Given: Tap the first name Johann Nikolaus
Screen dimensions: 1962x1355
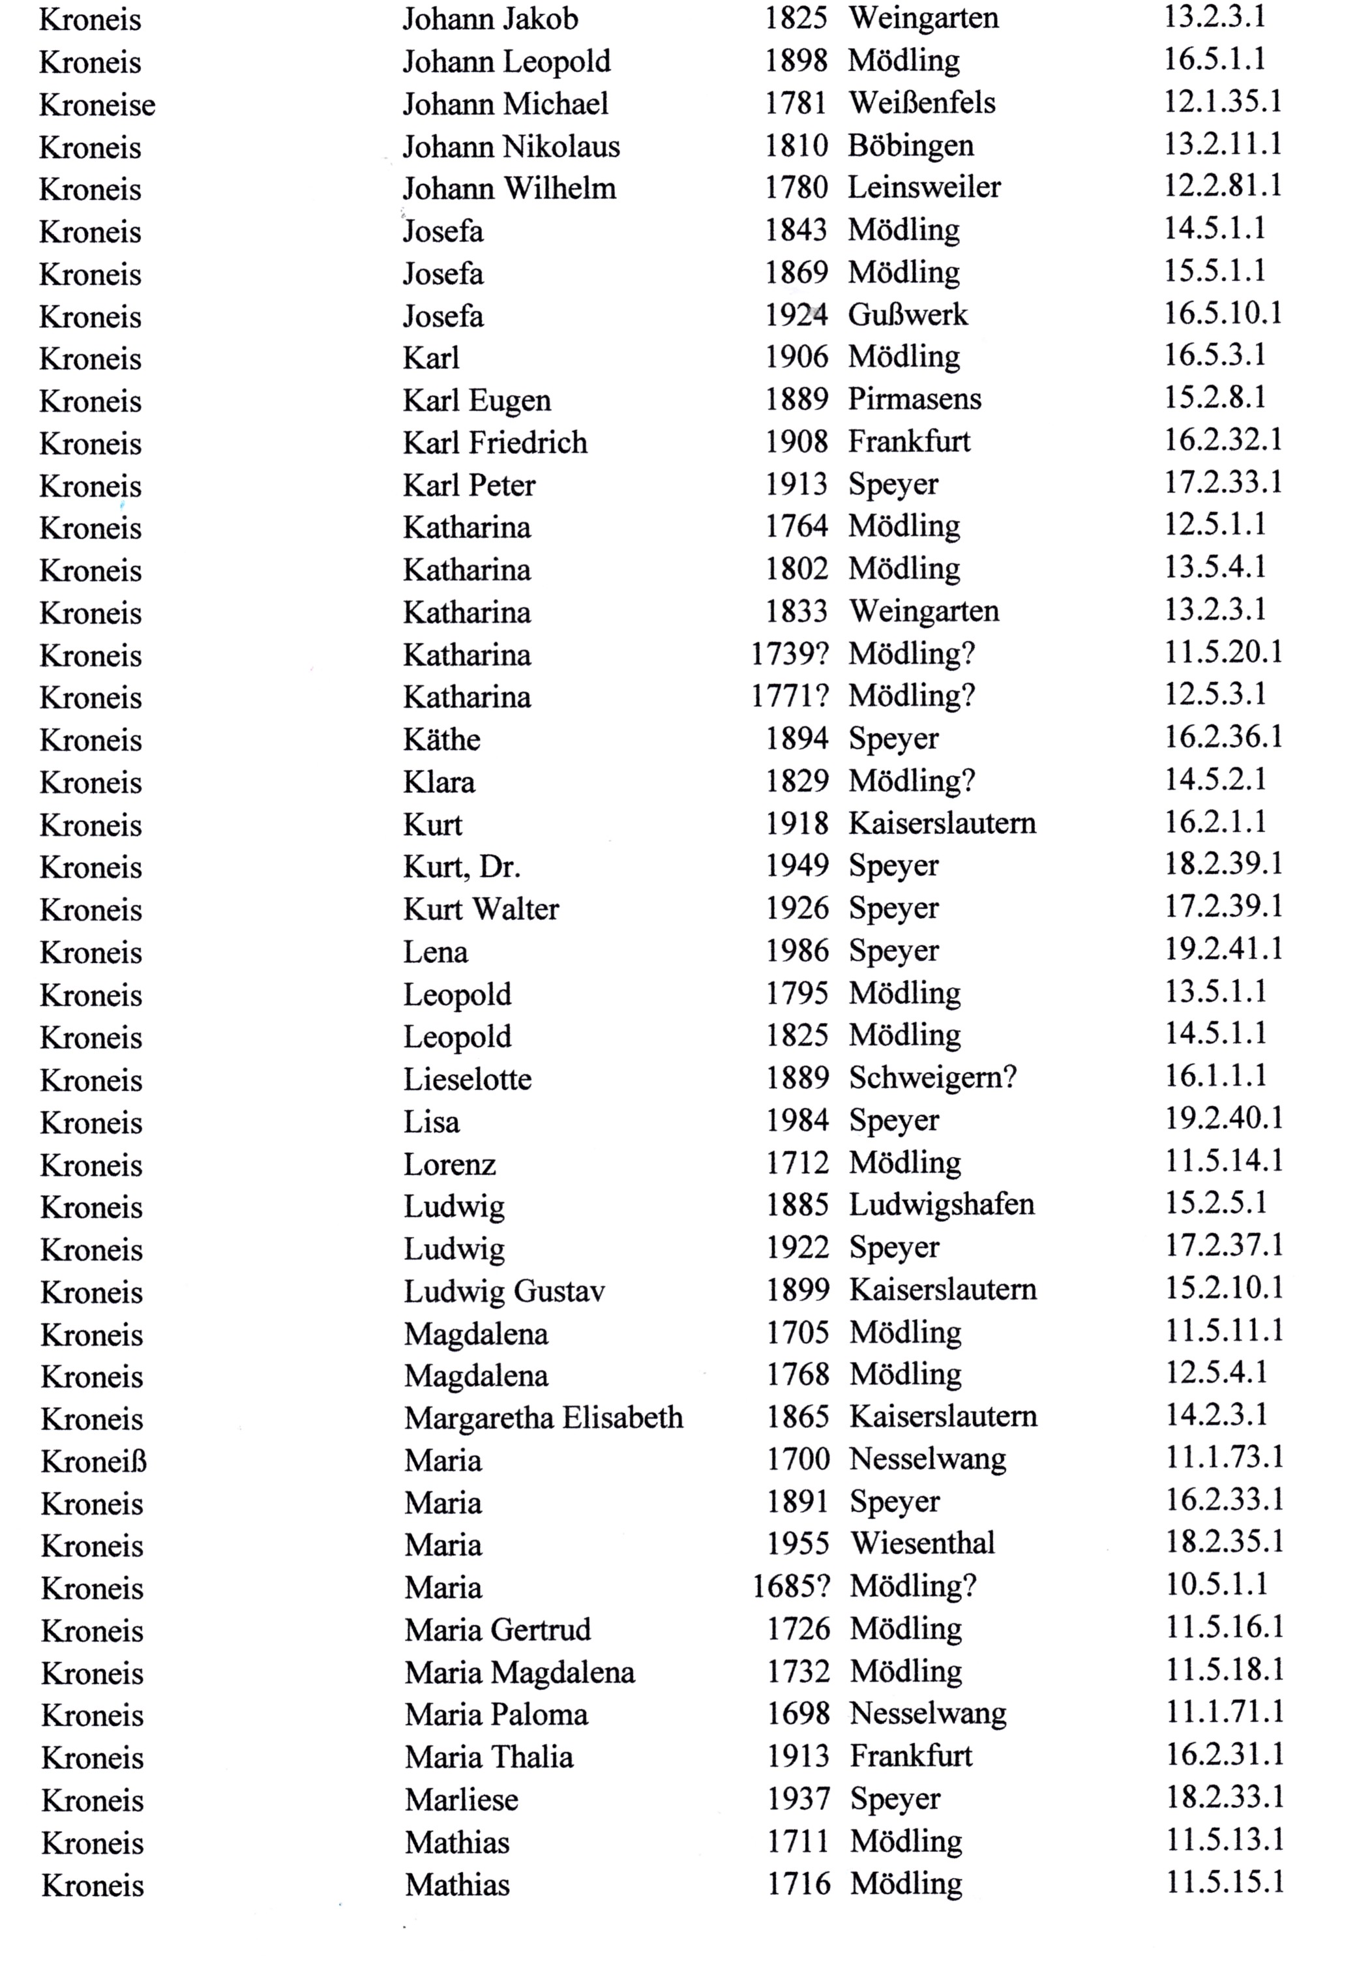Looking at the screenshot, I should pos(511,147).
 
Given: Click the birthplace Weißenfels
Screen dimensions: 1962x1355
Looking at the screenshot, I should pos(922,104).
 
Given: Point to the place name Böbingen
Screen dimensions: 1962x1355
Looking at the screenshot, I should pos(910,146).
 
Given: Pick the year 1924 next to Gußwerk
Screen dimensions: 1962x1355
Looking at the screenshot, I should pos(796,315).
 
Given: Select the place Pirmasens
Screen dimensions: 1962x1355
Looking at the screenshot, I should pos(914,399).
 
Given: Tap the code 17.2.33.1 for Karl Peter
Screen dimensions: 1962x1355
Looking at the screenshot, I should pos(1222,483).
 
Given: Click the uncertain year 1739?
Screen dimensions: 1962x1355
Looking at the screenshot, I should pos(790,654).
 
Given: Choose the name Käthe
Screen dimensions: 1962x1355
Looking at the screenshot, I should pos(441,739).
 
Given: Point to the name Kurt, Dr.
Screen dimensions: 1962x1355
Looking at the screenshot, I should pos(461,867).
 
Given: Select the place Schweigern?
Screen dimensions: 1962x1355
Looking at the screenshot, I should pos(932,1078).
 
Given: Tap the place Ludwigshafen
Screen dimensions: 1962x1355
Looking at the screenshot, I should pos(942,1205).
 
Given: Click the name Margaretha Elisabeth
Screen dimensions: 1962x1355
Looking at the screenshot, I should pos(543,1418).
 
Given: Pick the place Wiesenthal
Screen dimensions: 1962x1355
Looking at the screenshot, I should pos(922,1543).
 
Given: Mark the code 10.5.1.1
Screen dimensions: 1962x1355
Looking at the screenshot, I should pos(1215,1584).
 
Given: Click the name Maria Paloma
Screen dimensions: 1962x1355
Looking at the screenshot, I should pos(496,1714).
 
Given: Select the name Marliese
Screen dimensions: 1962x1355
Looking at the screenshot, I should pos(461,1799).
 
